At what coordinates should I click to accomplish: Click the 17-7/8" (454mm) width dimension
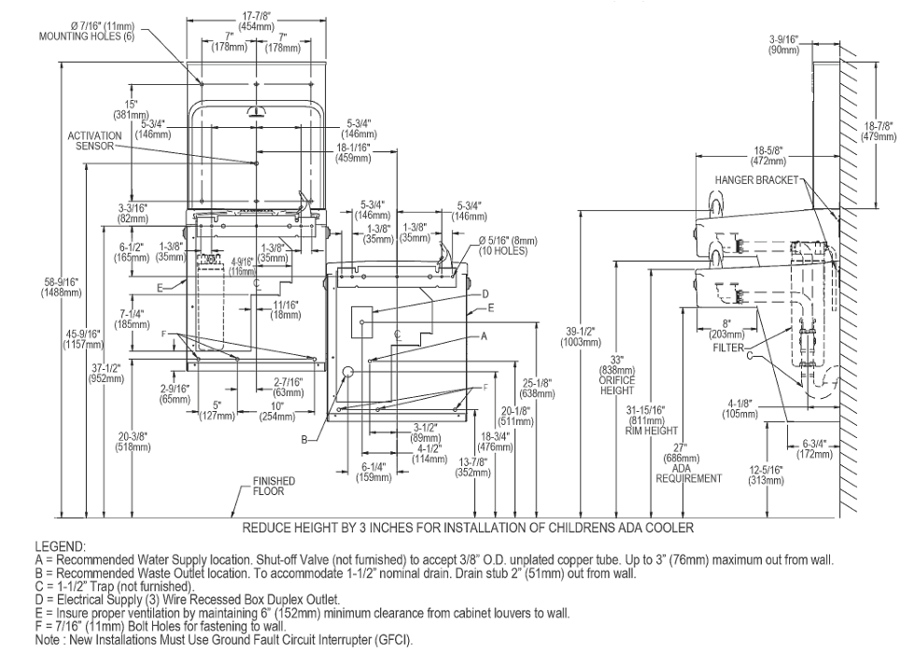256,21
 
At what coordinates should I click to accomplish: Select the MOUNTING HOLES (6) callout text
86,36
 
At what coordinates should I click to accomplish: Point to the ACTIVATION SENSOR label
94,141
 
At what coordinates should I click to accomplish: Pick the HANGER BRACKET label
756,180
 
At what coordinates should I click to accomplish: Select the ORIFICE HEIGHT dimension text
617,385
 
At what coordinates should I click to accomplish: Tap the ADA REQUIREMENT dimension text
689,474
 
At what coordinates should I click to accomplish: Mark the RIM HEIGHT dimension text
652,431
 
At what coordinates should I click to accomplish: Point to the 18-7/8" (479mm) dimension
879,132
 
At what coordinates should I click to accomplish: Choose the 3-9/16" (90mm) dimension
783,45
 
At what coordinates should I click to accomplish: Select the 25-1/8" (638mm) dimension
537,389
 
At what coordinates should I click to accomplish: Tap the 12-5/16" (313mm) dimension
767,475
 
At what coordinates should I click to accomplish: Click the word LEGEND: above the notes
60,547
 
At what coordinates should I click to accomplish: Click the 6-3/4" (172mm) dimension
814,448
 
